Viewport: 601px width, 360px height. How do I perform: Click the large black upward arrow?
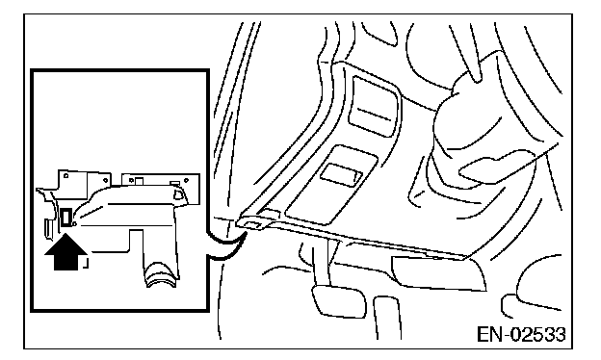(65, 253)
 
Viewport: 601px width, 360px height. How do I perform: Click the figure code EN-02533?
(521, 334)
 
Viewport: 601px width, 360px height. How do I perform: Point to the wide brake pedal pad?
(338, 301)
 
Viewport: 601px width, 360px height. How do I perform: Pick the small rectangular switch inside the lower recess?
(341, 175)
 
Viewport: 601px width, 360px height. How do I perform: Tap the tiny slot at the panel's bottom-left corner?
(253, 225)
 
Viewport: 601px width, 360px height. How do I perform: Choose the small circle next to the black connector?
(75, 224)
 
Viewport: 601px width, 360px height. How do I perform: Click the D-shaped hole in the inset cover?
(178, 194)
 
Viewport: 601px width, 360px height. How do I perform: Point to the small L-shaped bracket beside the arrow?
(87, 264)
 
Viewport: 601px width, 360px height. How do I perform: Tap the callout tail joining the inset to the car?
(227, 247)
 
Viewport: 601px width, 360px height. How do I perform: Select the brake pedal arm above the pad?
(321, 265)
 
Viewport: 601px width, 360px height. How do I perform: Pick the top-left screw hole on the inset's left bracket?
(65, 176)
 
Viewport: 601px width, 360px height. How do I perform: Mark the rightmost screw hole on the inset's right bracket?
(186, 180)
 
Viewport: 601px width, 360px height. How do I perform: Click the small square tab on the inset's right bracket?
(139, 180)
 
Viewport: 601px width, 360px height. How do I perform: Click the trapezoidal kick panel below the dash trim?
(437, 272)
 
